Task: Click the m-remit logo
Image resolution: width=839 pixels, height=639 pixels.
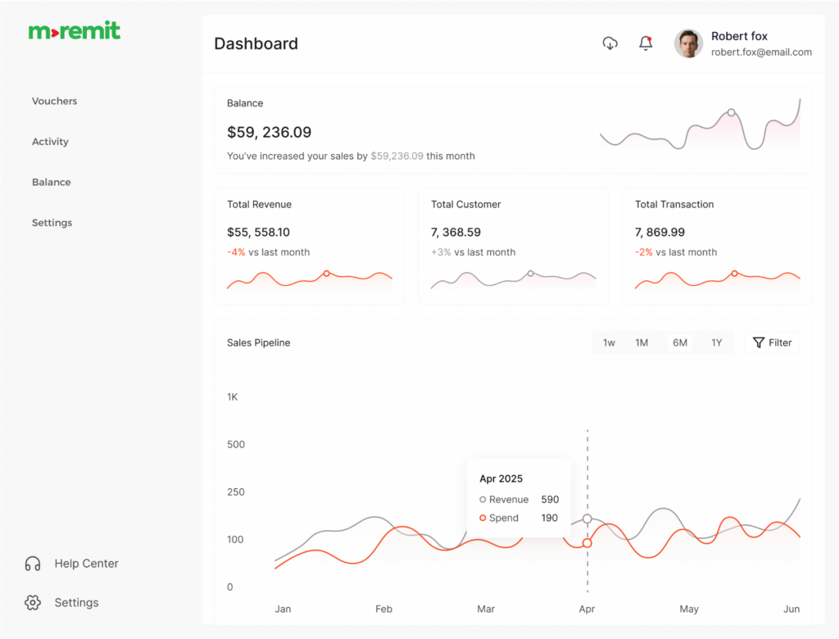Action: point(75,31)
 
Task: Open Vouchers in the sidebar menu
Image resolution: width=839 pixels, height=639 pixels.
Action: point(54,102)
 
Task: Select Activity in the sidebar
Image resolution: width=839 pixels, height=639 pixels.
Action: point(50,142)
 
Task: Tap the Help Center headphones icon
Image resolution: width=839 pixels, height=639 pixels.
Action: point(33,564)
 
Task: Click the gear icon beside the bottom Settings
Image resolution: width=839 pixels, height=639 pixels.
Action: point(33,602)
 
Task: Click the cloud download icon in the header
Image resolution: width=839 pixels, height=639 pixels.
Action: point(610,43)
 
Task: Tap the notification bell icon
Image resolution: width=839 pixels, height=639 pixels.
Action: point(646,43)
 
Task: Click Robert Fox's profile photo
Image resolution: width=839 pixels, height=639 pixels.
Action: point(688,43)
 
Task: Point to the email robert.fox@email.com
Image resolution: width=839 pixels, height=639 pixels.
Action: point(761,52)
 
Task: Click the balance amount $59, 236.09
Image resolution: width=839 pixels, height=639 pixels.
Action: point(269,132)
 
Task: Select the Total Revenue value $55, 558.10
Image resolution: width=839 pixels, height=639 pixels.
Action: point(258,233)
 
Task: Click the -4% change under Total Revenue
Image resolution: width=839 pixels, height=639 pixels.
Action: point(236,252)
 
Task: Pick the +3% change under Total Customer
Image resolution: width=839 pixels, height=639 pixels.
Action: point(441,252)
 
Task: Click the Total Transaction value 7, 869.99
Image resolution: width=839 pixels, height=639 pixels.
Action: point(660,233)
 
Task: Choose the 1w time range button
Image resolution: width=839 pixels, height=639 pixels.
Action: point(609,342)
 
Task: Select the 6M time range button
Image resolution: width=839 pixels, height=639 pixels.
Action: point(680,342)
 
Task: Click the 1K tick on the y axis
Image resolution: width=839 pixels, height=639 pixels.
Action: point(233,397)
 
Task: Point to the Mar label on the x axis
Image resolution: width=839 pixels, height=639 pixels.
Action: point(486,609)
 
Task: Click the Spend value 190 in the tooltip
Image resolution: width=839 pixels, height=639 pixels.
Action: point(549,518)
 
